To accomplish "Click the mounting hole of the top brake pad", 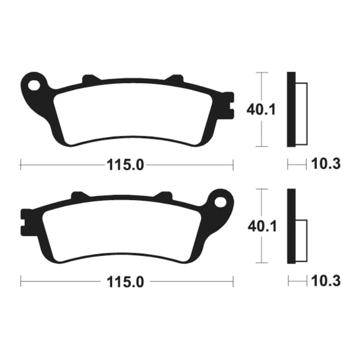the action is click(34, 85).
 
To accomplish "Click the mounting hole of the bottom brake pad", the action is click(220, 201).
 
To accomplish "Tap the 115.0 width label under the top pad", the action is click(125, 165).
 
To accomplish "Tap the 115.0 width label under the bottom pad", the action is click(125, 282).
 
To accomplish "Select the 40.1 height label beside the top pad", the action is click(261, 110).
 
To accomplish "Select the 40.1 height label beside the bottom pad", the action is click(262, 226).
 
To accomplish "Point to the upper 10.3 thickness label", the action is click(326, 164).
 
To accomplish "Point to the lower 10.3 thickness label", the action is click(326, 281).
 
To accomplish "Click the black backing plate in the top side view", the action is click(291, 110).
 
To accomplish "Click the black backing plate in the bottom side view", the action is click(291, 226).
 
